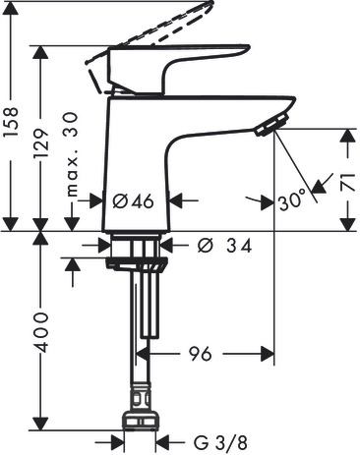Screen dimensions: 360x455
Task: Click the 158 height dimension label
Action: click(x=11, y=123)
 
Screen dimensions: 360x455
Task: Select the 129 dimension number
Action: click(x=41, y=143)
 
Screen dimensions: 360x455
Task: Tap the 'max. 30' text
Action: click(x=72, y=154)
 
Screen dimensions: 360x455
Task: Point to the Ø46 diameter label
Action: click(x=133, y=201)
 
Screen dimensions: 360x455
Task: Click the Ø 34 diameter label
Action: click(x=225, y=246)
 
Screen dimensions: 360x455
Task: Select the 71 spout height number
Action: click(x=347, y=183)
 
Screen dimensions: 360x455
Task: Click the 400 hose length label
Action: click(x=41, y=333)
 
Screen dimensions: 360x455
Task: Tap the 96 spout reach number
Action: click(x=201, y=354)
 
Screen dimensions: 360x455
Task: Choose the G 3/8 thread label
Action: click(x=220, y=443)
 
